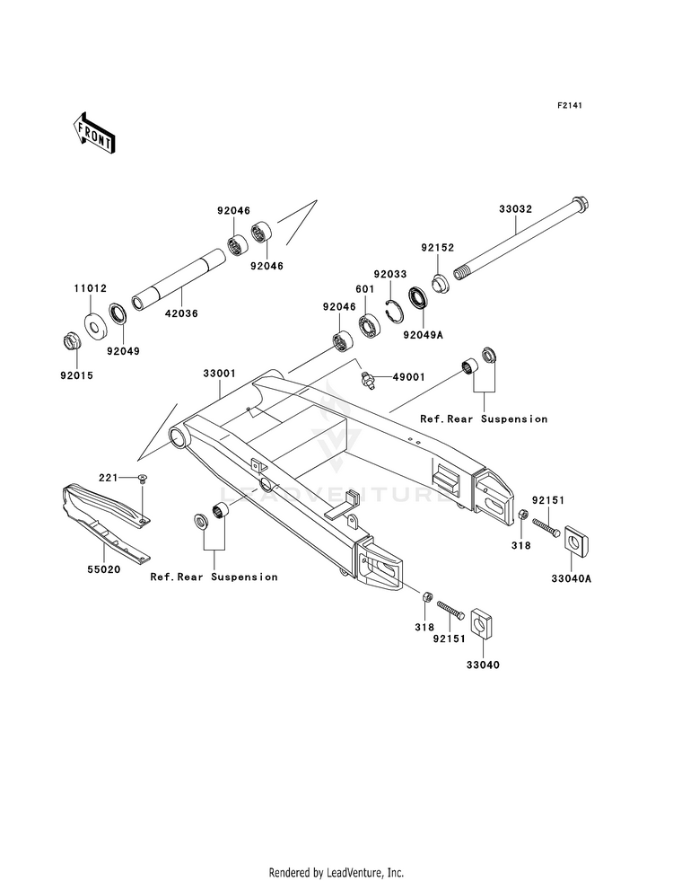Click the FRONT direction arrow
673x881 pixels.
click(x=93, y=132)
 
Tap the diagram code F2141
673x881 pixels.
click(x=569, y=105)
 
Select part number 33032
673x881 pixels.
click(x=515, y=209)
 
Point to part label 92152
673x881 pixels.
click(x=437, y=248)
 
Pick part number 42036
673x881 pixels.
click(x=181, y=313)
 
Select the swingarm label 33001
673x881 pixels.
click(x=220, y=374)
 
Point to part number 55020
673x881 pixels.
click(x=103, y=569)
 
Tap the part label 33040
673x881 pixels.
click(x=482, y=665)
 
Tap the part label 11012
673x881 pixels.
click(x=91, y=289)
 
